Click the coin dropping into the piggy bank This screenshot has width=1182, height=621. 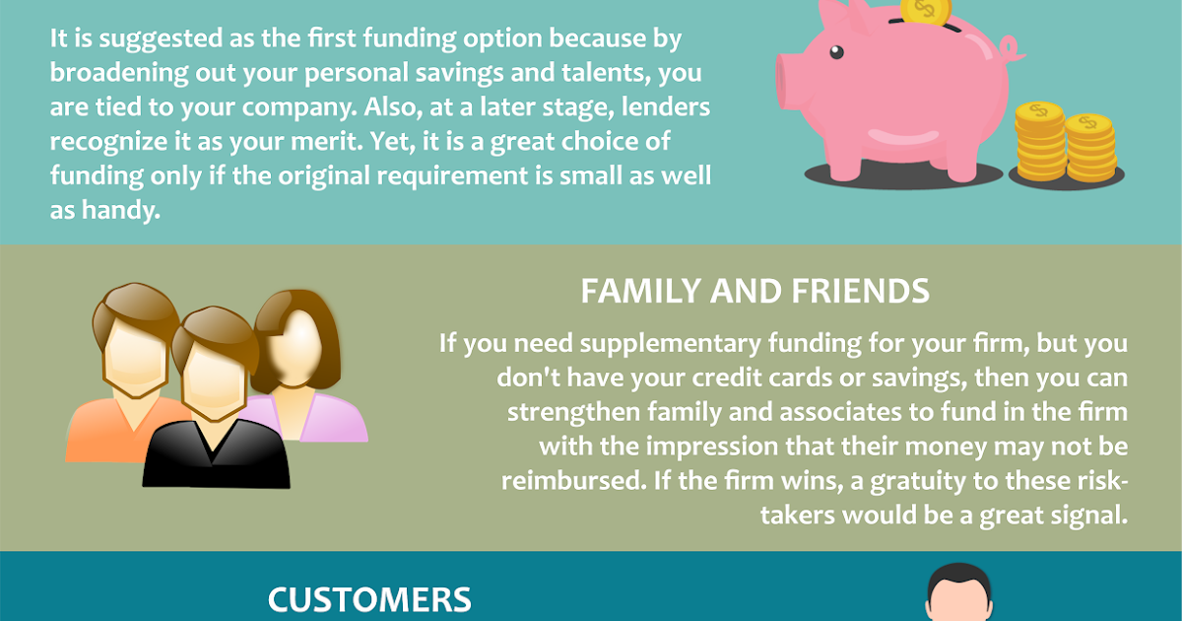(924, 12)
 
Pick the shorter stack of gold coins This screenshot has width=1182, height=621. (1091, 148)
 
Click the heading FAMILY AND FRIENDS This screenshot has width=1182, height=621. (755, 292)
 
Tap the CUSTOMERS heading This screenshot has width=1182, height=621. (369, 599)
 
